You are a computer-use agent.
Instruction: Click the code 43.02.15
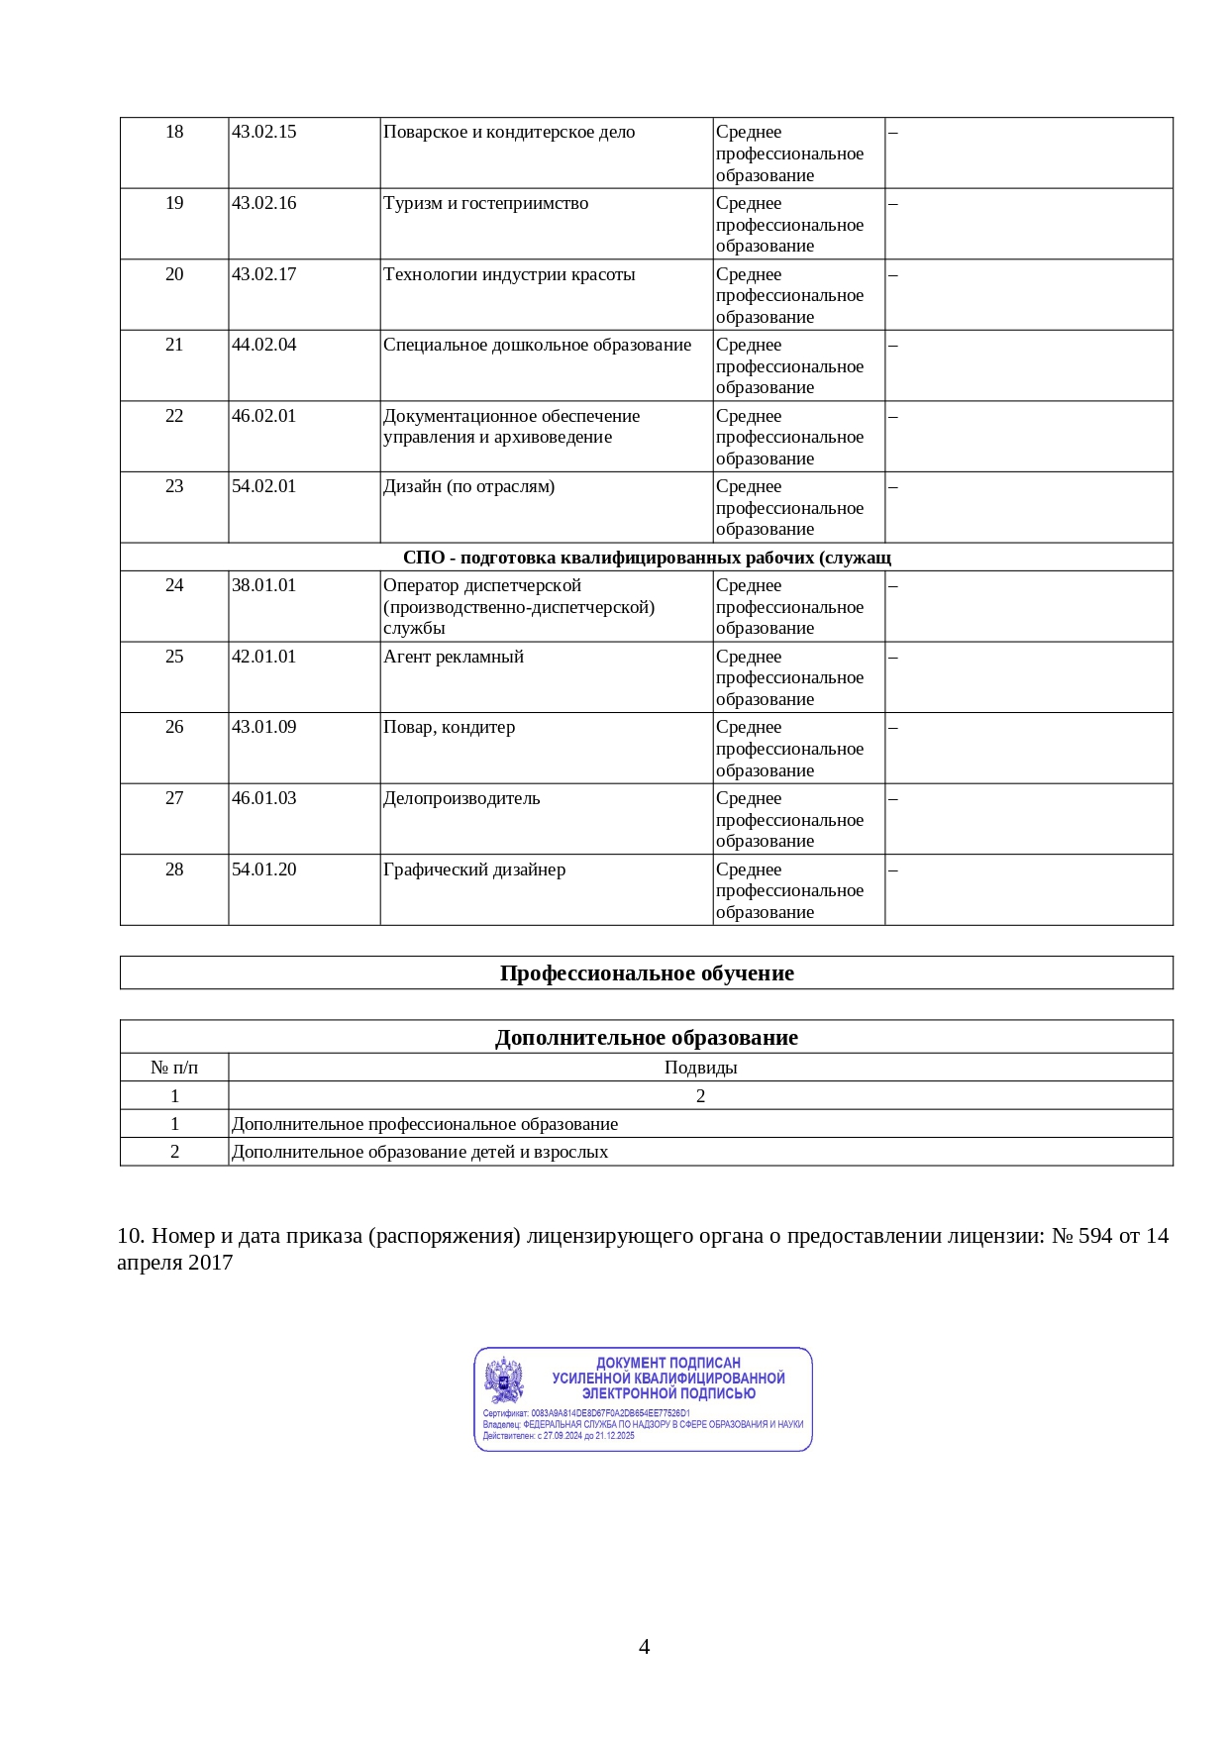pyautogui.click(x=263, y=132)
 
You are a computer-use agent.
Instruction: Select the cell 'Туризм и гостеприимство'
pyautogui.click(x=485, y=203)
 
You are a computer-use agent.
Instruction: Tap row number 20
pyautogui.click(x=174, y=274)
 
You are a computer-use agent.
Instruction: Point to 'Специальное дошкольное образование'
pyautogui.click(x=537, y=345)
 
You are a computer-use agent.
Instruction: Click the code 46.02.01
pyautogui.click(x=263, y=416)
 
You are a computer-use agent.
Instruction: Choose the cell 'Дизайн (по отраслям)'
pyautogui.click(x=468, y=486)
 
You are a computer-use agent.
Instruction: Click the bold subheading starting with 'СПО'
pyautogui.click(x=647, y=558)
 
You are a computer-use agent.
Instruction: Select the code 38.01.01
pyautogui.click(x=263, y=585)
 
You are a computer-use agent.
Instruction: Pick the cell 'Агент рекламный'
pyautogui.click(x=454, y=657)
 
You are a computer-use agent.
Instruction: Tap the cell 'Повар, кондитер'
pyautogui.click(x=449, y=727)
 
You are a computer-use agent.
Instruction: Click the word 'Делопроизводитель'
pyautogui.click(x=461, y=798)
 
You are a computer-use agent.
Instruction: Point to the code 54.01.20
pyautogui.click(x=263, y=869)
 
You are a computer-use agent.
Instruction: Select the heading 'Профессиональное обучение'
pyautogui.click(x=647, y=973)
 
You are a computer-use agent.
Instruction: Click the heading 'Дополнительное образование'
pyautogui.click(x=647, y=1038)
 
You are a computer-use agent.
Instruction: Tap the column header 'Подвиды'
pyautogui.click(x=700, y=1068)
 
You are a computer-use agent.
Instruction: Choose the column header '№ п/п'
pyautogui.click(x=174, y=1068)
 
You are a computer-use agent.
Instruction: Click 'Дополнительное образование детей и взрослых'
pyautogui.click(x=420, y=1152)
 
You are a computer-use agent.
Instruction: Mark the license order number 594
pyautogui.click(x=1095, y=1236)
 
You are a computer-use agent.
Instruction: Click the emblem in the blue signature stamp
pyautogui.click(x=504, y=1379)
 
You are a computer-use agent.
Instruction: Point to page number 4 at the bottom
pyautogui.click(x=645, y=1647)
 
